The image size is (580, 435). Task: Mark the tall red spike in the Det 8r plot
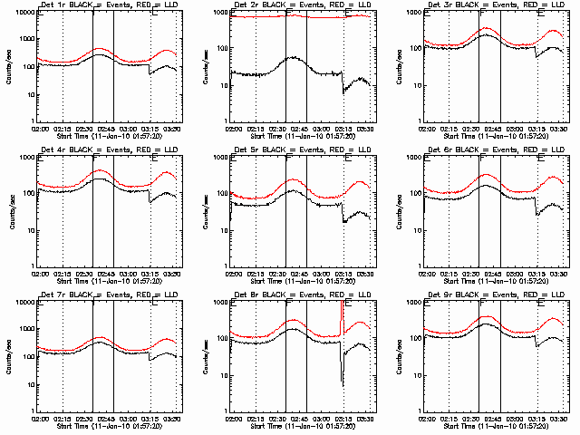[x=342, y=313]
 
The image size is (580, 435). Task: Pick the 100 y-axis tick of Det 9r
[x=416, y=338]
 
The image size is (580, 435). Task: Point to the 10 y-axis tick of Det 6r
[x=419, y=229]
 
